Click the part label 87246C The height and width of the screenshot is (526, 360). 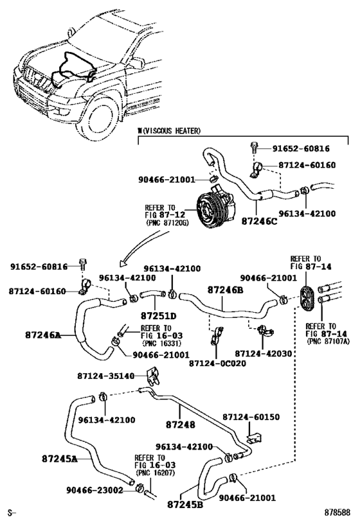click(259, 222)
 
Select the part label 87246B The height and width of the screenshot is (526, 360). click(225, 290)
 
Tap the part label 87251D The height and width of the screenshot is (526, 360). click(158, 316)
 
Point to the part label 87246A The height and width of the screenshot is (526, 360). click(43, 335)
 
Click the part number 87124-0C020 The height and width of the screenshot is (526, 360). click(217, 364)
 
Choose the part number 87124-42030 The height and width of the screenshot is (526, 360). click(264, 354)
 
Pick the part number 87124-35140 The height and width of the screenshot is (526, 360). click(106, 376)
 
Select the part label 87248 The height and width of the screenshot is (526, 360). click(181, 425)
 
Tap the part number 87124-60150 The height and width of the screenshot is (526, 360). click(251, 417)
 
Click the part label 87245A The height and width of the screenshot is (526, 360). click(59, 459)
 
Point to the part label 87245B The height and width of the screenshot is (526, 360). click(185, 505)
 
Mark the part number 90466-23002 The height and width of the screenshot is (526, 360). click(94, 490)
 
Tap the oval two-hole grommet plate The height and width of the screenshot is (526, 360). click(306, 299)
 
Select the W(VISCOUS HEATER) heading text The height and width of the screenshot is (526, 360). click(169, 131)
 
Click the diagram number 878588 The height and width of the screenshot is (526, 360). click(337, 513)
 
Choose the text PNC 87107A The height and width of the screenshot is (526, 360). click(328, 341)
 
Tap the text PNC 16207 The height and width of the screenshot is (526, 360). click(155, 473)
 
